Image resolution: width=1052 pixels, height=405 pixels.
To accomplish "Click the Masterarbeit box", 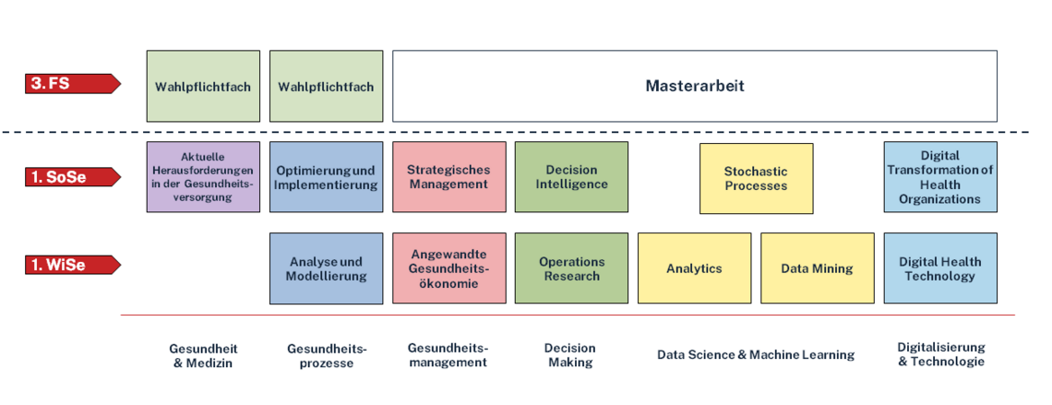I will (x=694, y=86).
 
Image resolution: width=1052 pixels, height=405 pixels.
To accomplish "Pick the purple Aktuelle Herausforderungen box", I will (x=203, y=177).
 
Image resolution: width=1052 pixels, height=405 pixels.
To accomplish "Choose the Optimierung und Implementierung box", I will (x=326, y=177).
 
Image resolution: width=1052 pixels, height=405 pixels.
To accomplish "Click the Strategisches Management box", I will (x=448, y=177).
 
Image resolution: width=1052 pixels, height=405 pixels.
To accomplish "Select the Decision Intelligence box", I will (x=571, y=177).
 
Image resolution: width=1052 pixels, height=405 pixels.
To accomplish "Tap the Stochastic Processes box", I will (x=756, y=178).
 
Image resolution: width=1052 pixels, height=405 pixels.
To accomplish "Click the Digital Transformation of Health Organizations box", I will (x=939, y=177).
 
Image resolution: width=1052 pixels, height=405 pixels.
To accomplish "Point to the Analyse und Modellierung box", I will (x=326, y=268).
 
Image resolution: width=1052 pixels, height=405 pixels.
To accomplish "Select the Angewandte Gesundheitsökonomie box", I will (x=448, y=268).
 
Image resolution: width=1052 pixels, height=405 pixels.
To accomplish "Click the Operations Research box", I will (x=571, y=268).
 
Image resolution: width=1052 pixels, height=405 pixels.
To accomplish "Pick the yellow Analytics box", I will (x=694, y=268).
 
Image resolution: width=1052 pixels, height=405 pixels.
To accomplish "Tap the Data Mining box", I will (x=817, y=268).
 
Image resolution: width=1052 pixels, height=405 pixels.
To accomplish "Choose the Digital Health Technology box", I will (x=939, y=268).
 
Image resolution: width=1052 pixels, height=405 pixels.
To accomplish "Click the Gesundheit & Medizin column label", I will (x=203, y=355).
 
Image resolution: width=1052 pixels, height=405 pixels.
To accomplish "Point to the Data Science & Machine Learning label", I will (x=756, y=354).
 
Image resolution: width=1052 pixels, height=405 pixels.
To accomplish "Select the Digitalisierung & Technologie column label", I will (x=940, y=354).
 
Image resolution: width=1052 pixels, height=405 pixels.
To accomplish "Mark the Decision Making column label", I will (x=571, y=355).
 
